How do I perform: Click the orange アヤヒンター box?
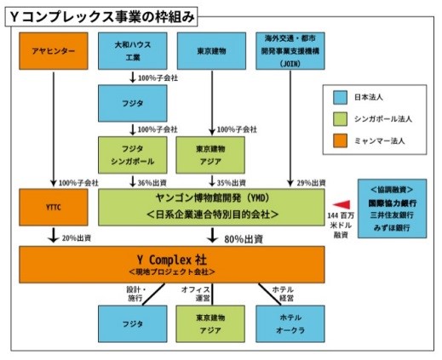click(54, 51)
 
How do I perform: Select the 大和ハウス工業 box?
click(133, 51)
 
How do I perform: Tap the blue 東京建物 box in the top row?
click(211, 51)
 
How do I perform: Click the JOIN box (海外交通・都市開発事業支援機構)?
click(290, 51)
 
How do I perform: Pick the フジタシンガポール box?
click(133, 155)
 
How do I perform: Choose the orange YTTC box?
click(54, 208)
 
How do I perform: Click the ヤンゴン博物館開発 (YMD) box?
click(211, 208)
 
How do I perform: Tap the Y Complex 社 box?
click(172, 265)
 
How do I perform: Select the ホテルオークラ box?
click(290, 324)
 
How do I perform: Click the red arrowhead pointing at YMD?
click(342, 204)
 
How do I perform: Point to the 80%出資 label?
click(244, 239)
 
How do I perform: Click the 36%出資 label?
click(152, 183)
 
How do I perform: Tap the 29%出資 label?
click(311, 183)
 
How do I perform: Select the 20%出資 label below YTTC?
click(77, 238)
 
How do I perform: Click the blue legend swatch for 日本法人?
click(340, 98)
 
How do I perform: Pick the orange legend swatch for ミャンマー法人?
click(340, 140)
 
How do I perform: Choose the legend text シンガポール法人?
click(383, 119)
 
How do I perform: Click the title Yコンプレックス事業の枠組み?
click(101, 17)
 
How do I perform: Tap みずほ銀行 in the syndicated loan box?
click(392, 227)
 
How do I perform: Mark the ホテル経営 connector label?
click(283, 294)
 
